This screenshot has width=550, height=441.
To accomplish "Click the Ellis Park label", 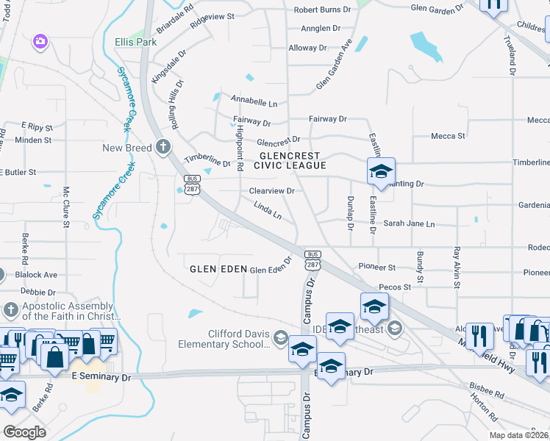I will [x=135, y=42].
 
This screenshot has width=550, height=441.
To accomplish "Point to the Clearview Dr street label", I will [x=271, y=190].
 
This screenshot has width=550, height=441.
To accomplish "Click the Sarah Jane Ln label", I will [x=409, y=223].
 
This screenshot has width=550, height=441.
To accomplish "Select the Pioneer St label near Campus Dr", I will [x=376, y=267].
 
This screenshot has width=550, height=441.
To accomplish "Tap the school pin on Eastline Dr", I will [x=381, y=173].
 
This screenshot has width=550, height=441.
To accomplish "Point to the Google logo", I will [x=24, y=431].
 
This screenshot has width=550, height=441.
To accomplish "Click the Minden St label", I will [x=33, y=140].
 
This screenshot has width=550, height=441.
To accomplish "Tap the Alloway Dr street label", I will [x=307, y=48].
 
